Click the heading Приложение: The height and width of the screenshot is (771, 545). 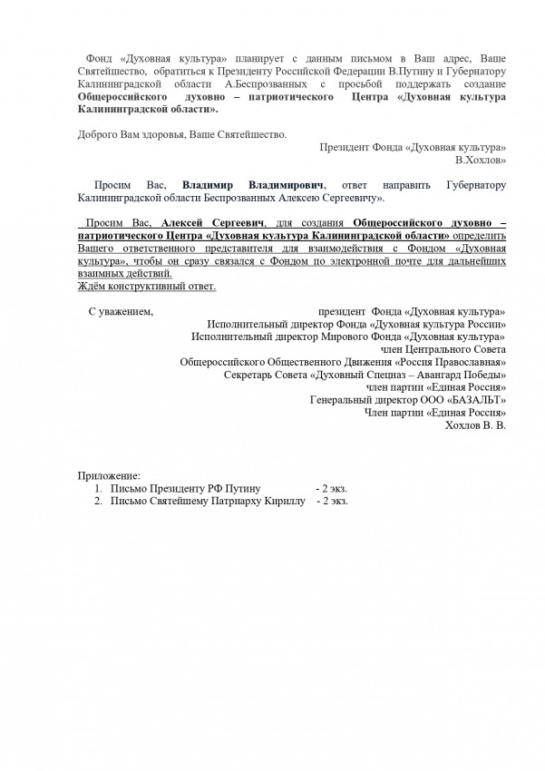[110, 474]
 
